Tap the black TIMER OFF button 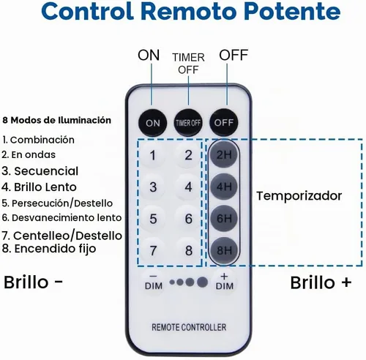[188, 122]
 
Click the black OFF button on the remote [223, 122]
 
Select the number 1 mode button [153, 155]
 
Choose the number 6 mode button [188, 219]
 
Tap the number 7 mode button [153, 250]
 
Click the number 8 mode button [188, 250]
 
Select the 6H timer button [224, 218]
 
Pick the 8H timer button [224, 250]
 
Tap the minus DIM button [154, 282]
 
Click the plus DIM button [224, 282]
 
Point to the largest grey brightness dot [202, 282]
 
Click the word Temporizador [299, 196]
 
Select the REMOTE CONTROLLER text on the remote [189, 327]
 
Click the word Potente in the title [292, 12]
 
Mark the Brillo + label [321, 282]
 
